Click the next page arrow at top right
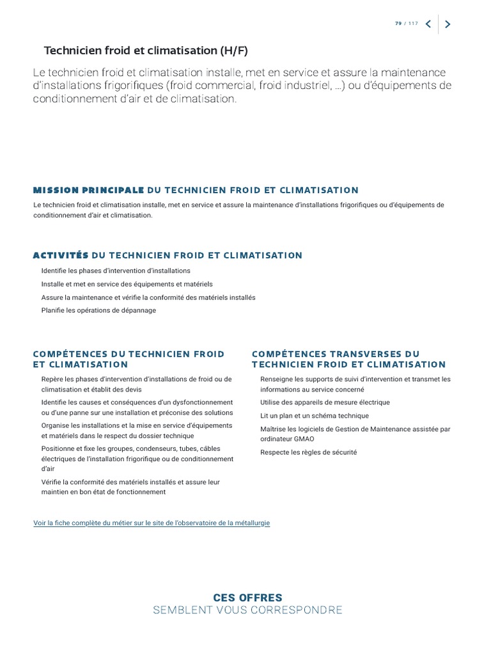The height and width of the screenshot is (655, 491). [x=448, y=24]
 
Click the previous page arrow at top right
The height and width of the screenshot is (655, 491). [x=428, y=24]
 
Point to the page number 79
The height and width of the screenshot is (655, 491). [x=398, y=24]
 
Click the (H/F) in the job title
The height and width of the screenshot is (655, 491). [x=233, y=51]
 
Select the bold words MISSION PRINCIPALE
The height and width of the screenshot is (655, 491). [x=88, y=190]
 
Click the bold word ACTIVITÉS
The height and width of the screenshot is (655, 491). [x=60, y=255]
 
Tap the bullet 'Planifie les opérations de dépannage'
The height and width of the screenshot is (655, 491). [x=98, y=311]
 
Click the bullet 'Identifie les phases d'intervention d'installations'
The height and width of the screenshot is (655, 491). [x=116, y=271]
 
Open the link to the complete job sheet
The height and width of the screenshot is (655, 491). [x=152, y=523]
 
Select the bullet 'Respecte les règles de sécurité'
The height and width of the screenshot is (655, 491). [x=308, y=453]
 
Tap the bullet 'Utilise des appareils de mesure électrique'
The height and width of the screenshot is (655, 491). [x=325, y=403]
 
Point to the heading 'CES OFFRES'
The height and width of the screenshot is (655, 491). [x=247, y=597]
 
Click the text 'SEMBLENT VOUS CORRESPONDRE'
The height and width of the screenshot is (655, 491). [x=247, y=610]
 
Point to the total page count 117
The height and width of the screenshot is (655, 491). [x=413, y=24]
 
